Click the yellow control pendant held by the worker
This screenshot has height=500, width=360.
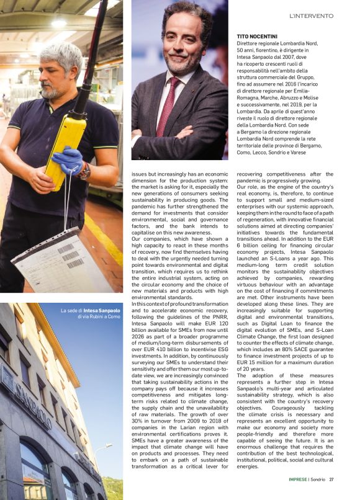click(66, 143)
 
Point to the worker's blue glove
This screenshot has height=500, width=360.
click(69, 159)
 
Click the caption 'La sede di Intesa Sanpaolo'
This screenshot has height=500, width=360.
click(90, 310)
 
